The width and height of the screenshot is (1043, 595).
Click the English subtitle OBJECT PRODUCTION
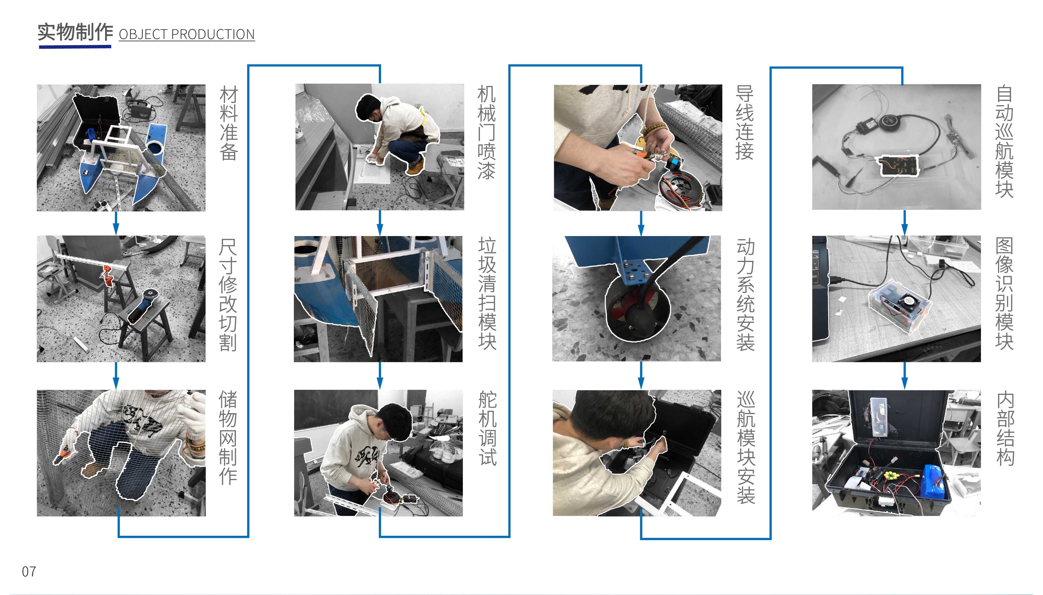[x=186, y=34]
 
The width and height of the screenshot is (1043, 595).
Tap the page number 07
[x=29, y=571]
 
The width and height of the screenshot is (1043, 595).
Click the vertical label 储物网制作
[x=228, y=437]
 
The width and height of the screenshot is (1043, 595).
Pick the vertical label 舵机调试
[x=487, y=428]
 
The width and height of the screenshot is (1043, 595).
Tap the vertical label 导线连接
[x=745, y=123]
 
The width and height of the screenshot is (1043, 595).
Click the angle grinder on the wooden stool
[x=144, y=305]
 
